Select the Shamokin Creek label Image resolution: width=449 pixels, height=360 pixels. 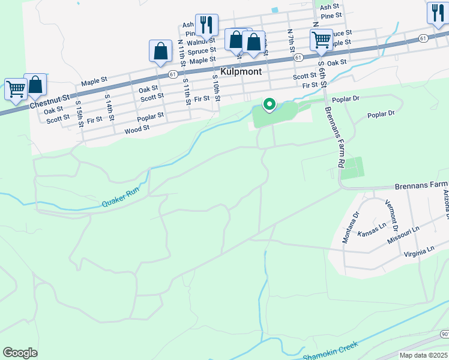(x=330, y=352)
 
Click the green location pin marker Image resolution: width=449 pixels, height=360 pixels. (x=270, y=105)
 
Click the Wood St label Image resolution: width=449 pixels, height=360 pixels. (x=137, y=130)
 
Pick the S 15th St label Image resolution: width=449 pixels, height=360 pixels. (x=79, y=114)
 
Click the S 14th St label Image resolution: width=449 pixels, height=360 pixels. (x=109, y=107)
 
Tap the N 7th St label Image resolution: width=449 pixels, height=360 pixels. (x=290, y=39)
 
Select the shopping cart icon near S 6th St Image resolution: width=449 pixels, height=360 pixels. (x=321, y=40)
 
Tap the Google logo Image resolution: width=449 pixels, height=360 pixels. (x=20, y=353)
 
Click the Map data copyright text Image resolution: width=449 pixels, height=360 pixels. (x=423, y=355)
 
